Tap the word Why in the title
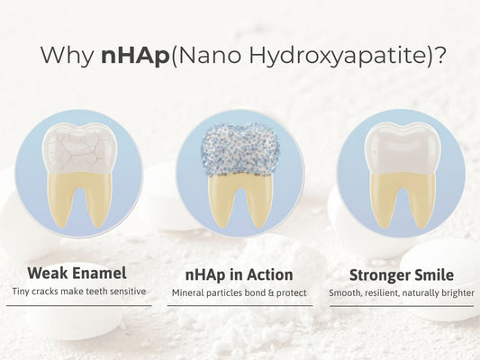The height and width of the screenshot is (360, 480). tap(71, 55)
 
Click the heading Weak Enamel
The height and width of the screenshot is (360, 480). tap(78, 274)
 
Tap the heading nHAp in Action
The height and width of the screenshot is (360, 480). tap(240, 274)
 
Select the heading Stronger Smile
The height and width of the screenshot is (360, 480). tap(402, 274)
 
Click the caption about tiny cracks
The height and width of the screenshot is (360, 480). tap(78, 292)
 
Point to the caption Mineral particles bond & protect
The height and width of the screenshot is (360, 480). tap(240, 292)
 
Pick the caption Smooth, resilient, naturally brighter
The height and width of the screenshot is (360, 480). tap(402, 292)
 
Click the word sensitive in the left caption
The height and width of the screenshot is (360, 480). tap(131, 292)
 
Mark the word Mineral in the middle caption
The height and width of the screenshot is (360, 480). tap(188, 292)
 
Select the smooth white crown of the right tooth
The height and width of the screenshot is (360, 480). tap(403, 147)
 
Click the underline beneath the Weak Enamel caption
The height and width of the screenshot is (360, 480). tap(78, 306)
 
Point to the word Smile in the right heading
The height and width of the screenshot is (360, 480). tap(435, 274)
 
